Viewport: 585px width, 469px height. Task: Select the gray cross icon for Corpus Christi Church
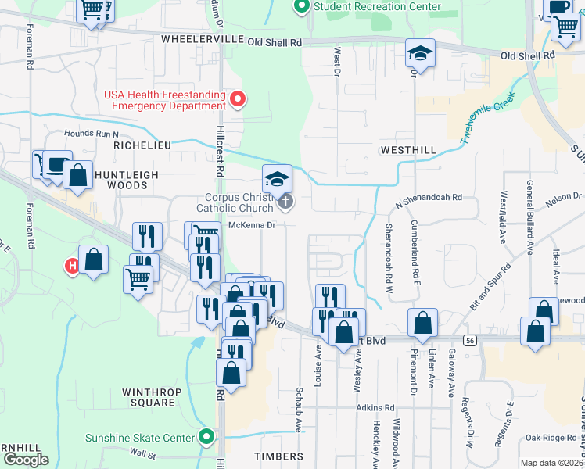coord(285,203)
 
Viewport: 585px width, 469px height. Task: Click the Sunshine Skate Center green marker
coord(206,437)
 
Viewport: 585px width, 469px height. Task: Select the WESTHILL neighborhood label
coord(406,149)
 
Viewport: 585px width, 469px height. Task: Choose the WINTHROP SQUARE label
coord(149,397)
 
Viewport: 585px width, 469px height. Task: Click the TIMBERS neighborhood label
coord(278,456)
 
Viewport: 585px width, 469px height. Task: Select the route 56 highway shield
coord(470,340)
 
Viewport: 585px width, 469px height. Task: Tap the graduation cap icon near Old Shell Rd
coord(420,54)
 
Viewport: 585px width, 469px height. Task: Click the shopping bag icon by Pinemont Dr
coord(422,323)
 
